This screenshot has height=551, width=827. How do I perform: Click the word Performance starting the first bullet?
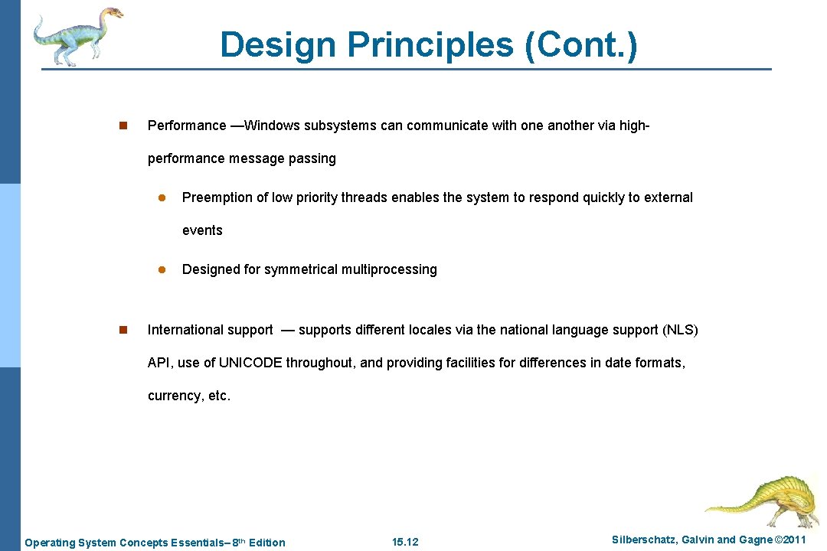click(x=187, y=126)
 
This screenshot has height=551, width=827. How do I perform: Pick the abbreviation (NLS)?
click(x=680, y=330)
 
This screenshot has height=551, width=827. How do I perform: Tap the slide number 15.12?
click(x=405, y=543)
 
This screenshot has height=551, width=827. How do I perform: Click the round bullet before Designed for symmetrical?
click(x=162, y=269)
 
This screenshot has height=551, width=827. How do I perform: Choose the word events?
click(x=202, y=230)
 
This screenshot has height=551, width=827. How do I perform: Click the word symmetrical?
click(x=301, y=269)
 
